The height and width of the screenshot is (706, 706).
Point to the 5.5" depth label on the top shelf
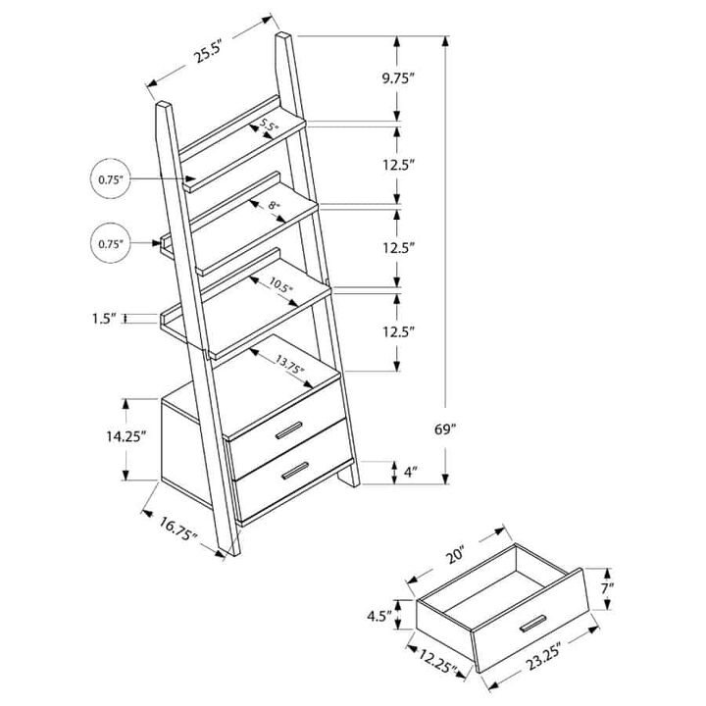[270, 126]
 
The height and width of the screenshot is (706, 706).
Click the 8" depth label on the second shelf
[274, 207]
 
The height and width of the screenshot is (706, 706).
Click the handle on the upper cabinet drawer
[289, 431]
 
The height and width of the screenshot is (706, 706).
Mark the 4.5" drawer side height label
[380, 618]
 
